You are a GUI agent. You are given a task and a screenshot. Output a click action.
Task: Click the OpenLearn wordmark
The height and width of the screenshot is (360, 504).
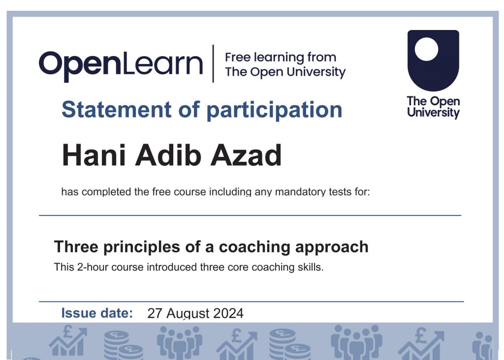coord(121,65)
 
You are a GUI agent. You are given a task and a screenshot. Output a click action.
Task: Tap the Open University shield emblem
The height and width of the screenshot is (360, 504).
coord(433,60)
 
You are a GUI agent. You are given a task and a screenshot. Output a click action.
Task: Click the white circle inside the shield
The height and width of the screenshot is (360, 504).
coord(427,49)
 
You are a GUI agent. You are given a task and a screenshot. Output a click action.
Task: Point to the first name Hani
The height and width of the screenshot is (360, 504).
coord(94,155)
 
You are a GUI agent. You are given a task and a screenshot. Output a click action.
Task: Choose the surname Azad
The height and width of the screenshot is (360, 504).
coord(246,155)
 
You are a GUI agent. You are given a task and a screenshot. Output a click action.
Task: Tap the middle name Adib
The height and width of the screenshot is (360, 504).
coord(168,155)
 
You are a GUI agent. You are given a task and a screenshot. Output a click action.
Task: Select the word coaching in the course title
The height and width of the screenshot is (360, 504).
coord(254,247)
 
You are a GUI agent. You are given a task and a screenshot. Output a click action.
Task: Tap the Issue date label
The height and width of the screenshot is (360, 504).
coord(97,313)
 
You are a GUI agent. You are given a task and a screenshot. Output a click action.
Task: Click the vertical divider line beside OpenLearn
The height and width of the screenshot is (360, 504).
coord(213,63)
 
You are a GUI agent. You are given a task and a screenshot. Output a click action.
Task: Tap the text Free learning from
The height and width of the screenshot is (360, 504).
coord(281,58)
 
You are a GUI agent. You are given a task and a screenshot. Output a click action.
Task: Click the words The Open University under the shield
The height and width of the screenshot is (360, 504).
coord(433,107)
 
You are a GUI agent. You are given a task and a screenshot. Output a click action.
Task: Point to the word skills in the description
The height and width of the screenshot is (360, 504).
coord(311,267)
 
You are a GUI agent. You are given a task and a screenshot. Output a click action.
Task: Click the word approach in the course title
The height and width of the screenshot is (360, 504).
coord(332,247)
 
